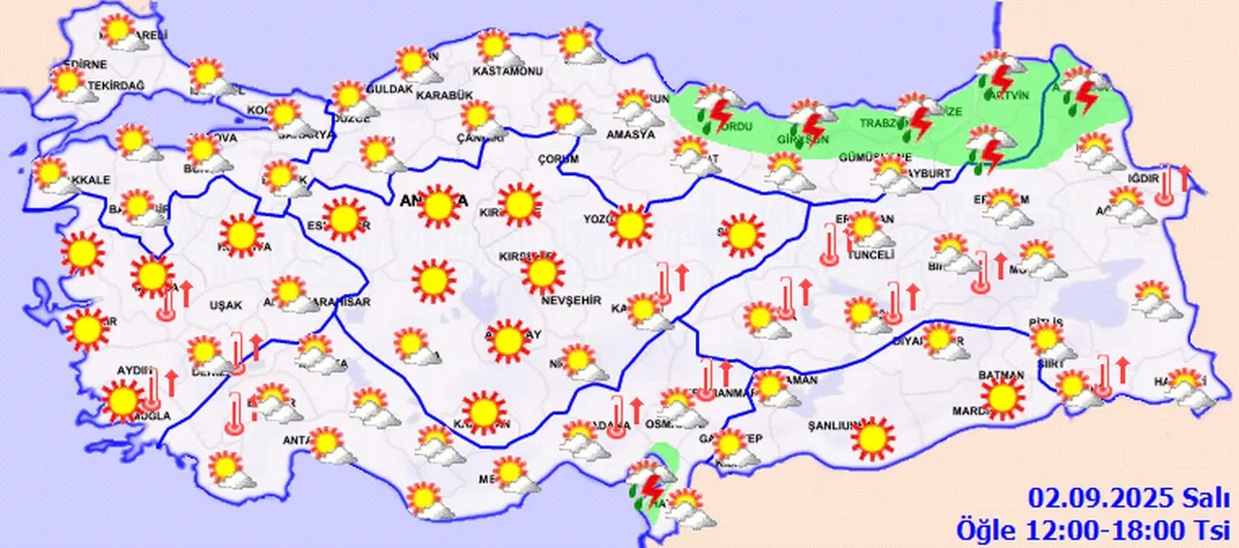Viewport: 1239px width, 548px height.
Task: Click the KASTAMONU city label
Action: (504, 71)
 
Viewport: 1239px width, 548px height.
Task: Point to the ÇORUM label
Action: (558, 158)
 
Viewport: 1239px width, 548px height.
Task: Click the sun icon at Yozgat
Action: (632, 225)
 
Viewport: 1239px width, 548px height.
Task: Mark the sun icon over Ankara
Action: (438, 205)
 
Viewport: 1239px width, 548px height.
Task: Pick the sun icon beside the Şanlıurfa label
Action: (874, 438)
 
